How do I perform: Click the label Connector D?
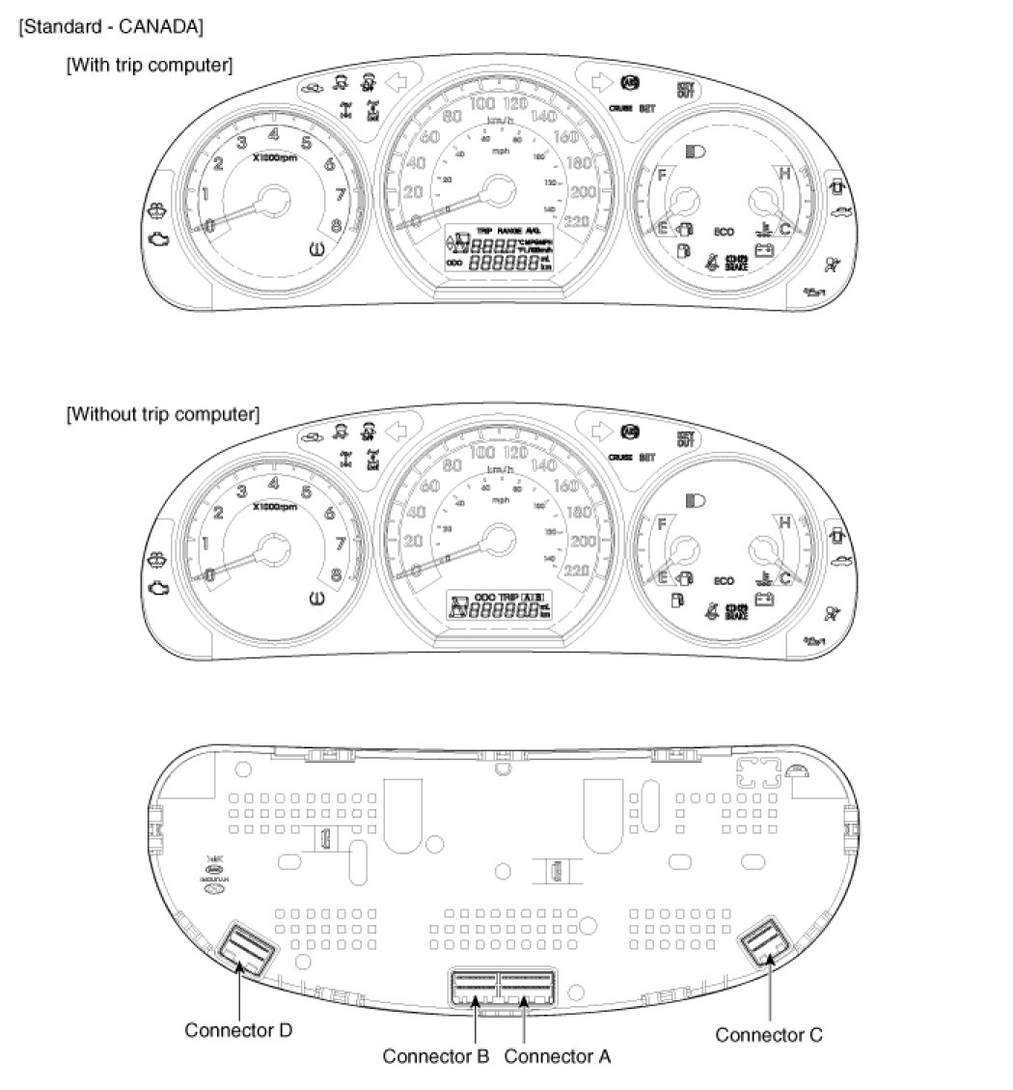238,1030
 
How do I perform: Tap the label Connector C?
768,1034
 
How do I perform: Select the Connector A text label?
557,1055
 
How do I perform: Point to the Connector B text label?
436,1055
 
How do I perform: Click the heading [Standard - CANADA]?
110,27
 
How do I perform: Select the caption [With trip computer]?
150,65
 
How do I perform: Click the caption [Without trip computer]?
162,414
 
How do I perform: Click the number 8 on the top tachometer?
336,227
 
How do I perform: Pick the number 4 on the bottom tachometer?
274,484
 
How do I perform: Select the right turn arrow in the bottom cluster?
599,430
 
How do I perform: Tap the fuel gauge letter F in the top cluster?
662,175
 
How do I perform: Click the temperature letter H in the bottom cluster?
784,522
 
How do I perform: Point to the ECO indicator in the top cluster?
724,232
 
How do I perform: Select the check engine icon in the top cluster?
158,235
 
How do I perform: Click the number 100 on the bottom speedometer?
481,452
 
